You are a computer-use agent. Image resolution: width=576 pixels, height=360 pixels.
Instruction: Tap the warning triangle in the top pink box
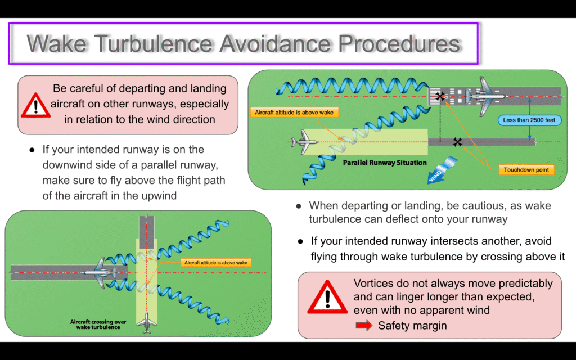[x=35, y=106]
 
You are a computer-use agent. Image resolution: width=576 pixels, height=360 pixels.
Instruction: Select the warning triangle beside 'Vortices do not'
[x=327, y=297]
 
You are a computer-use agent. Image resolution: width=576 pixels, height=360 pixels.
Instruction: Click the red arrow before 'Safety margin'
[x=364, y=326]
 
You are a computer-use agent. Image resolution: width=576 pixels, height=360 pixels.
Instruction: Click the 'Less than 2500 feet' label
[x=529, y=120]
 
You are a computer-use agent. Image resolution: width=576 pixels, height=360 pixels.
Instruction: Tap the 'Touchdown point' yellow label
[x=526, y=170]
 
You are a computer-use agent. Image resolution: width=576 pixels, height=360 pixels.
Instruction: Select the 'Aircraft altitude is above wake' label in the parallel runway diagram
[x=294, y=112]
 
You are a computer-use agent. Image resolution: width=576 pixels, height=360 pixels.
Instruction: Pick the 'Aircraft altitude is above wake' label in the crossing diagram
[x=215, y=263]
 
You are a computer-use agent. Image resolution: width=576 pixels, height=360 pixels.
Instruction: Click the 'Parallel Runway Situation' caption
[x=385, y=163]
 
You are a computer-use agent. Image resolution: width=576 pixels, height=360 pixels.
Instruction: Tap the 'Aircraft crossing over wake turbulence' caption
[x=98, y=325]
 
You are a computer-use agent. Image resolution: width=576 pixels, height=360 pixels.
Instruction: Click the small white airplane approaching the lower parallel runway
[x=304, y=142]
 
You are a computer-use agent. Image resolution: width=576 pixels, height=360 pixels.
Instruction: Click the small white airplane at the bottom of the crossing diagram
[x=147, y=323]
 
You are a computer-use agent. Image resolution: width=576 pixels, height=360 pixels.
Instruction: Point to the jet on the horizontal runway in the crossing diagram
[x=99, y=273]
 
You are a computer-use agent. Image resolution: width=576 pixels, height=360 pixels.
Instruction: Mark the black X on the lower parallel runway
[x=457, y=142]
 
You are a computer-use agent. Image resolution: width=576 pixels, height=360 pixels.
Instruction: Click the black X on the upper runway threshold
[x=440, y=97]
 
